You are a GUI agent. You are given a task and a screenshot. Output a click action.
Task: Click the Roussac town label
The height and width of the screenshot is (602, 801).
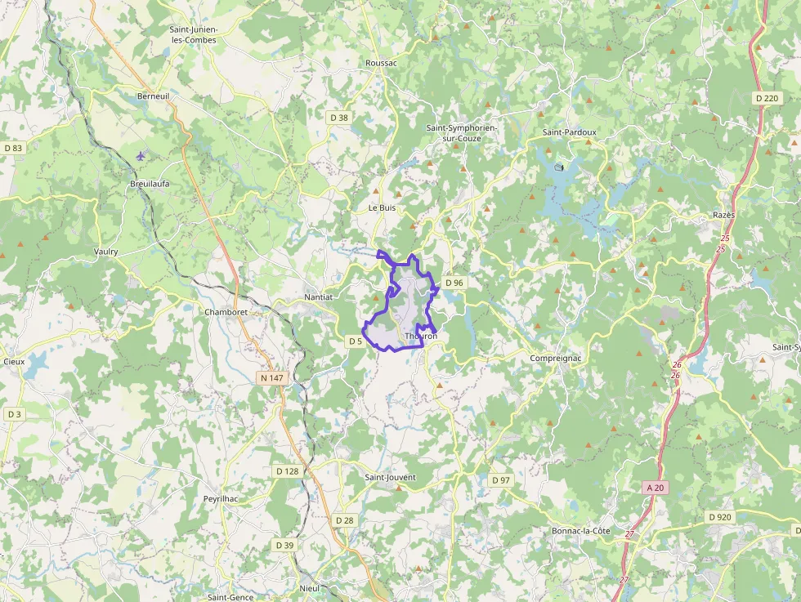click(x=381, y=63)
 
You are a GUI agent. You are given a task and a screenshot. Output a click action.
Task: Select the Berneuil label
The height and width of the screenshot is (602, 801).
click(x=153, y=96)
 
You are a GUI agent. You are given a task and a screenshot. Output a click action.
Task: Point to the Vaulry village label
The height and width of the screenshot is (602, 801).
click(x=106, y=252)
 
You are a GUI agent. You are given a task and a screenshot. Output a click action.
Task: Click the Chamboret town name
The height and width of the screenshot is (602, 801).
click(x=226, y=312)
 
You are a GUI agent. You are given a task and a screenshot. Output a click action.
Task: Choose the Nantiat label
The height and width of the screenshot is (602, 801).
click(x=318, y=297)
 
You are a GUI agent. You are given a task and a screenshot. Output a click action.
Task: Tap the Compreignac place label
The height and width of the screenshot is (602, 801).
click(x=555, y=359)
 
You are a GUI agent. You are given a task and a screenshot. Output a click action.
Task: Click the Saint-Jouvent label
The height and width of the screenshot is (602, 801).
click(x=390, y=477)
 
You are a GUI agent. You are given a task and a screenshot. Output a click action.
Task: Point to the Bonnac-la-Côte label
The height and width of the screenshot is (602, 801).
click(x=580, y=531)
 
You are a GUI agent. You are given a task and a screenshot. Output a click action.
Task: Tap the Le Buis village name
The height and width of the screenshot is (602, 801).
click(x=382, y=208)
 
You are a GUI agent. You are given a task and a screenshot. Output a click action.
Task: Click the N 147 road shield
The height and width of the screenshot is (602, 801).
click(x=271, y=378)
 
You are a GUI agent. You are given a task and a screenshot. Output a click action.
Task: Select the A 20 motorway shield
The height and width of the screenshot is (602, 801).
click(x=655, y=488)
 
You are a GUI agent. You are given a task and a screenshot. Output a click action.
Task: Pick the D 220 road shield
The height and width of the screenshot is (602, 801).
click(x=767, y=98)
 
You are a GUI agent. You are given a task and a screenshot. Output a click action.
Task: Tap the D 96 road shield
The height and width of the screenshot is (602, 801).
click(x=454, y=283)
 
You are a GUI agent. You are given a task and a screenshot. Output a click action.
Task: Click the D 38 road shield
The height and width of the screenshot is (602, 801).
click(x=338, y=118)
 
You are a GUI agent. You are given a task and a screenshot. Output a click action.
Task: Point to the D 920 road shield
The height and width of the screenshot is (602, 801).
click(x=719, y=517)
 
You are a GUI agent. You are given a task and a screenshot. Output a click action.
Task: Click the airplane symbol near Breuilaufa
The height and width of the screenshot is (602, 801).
click(x=141, y=155)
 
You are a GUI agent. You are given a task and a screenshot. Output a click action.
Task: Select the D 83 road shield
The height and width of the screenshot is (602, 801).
click(x=13, y=148)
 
